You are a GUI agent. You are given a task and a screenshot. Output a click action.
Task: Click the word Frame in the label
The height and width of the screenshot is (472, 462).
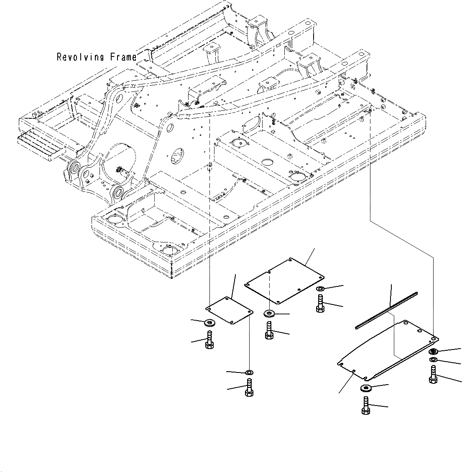tap(123, 57)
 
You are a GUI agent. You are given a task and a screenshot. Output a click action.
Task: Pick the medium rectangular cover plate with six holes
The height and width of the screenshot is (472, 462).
tap(285, 281)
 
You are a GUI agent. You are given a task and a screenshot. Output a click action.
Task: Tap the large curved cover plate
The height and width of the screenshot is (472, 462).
tap(387, 349)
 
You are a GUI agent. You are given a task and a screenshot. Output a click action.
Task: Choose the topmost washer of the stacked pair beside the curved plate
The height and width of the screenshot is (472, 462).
tap(434, 352)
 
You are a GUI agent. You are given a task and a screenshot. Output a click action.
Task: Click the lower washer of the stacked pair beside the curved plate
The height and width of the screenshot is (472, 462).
tap(433, 360)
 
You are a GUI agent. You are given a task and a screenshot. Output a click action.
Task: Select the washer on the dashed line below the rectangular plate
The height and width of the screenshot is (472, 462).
tap(269, 313)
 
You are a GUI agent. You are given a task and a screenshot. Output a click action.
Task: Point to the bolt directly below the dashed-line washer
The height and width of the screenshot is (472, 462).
tap(269, 330)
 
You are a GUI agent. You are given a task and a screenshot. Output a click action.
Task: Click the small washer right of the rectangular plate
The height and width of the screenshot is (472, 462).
tap(320, 289)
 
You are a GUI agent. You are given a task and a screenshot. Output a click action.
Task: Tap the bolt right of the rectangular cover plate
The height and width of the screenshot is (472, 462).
tap(320, 304)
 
